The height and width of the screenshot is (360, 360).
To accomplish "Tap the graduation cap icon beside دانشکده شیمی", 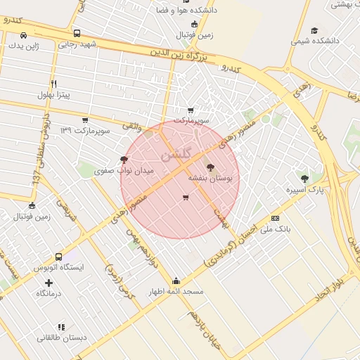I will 314,30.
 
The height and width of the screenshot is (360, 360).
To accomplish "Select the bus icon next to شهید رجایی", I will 77,33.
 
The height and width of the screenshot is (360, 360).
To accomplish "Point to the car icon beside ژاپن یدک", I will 24,35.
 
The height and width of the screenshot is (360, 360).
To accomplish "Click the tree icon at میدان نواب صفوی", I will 124,160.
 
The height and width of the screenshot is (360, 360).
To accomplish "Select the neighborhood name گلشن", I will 175,155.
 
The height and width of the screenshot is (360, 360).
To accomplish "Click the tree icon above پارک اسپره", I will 304,179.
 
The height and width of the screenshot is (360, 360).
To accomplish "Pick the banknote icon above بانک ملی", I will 275,218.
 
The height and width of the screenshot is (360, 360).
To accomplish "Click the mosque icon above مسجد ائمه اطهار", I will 176,281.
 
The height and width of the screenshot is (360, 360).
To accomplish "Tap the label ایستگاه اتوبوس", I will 58,268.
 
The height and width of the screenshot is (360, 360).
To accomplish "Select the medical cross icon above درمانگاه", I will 49,283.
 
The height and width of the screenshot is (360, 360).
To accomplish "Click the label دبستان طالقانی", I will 62,337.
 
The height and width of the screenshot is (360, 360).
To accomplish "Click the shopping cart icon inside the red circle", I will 185,198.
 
